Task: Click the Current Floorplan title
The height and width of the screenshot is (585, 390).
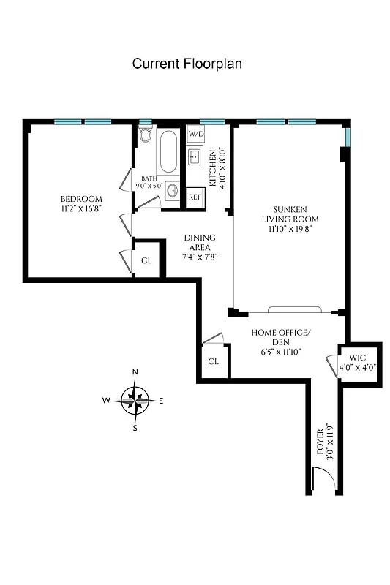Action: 187,64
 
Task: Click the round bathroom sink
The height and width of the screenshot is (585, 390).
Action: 171,191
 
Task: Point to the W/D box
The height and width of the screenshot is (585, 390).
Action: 195,135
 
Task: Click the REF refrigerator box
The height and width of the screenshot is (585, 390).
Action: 195,197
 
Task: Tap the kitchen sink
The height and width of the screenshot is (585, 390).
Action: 195,156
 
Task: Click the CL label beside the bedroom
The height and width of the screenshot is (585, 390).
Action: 146,260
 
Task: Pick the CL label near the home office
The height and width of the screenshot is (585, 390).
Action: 213,361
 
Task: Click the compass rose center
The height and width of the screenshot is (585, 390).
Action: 135,399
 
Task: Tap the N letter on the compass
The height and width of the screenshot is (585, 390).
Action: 135,372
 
